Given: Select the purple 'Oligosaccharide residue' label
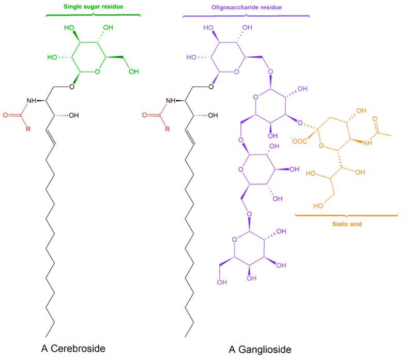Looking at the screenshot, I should (x=246, y=7).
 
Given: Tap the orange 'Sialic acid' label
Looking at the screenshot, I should (x=346, y=225).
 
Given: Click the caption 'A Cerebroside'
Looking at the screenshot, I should (x=73, y=349).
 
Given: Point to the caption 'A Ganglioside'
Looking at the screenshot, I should (x=260, y=350).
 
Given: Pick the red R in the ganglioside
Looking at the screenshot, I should (x=166, y=129).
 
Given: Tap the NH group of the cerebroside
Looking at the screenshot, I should (x=32, y=100).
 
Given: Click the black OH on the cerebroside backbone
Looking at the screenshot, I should (x=73, y=115).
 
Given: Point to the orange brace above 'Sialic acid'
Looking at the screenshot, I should (x=346, y=214).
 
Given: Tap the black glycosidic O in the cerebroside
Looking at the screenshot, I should (x=72, y=86).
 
